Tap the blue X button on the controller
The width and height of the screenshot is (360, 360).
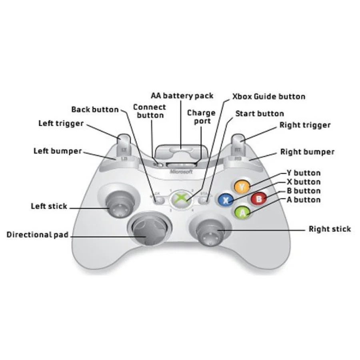tap(226, 200)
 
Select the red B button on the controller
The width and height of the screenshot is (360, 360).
tap(259, 198)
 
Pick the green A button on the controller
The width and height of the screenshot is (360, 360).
tap(242, 213)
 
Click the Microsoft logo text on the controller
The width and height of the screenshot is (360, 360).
tap(181, 172)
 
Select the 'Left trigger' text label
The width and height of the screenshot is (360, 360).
tap(61, 123)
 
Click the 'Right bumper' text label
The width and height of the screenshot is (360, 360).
tap(307, 152)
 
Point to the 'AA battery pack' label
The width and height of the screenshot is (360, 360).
tap(182, 96)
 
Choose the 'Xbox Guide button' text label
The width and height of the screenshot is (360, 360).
tap(268, 96)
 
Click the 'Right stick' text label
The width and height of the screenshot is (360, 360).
tap(330, 229)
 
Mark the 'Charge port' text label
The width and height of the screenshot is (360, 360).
tap(201, 116)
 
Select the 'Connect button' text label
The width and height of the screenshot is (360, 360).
tap(149, 111)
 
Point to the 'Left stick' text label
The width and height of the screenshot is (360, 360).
tap(49, 206)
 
